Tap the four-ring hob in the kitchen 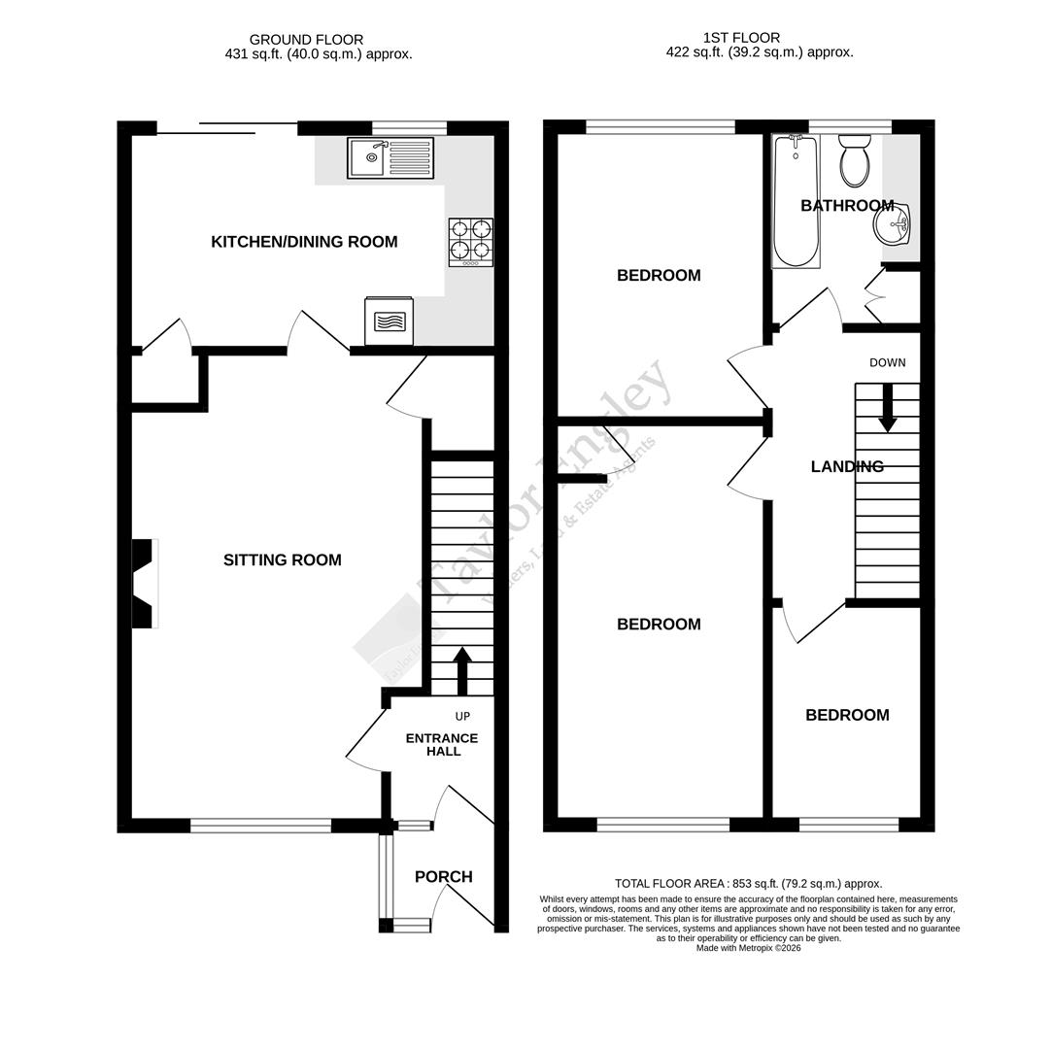[x=470, y=242]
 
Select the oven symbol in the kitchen [x=390, y=321]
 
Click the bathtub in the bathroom [x=796, y=201]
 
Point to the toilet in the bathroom [x=855, y=161]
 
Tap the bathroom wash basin [x=892, y=225]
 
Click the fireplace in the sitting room [x=143, y=583]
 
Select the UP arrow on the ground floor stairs [x=462, y=669]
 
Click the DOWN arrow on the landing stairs [x=887, y=407]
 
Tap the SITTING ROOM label [x=282, y=560]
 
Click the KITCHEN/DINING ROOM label [x=304, y=242]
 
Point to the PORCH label [x=443, y=877]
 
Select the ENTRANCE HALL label [x=442, y=745]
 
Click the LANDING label [x=847, y=467]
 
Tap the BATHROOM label [x=847, y=206]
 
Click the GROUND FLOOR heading [x=306, y=40]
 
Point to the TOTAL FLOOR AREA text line [x=748, y=884]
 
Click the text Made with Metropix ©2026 [x=748, y=948]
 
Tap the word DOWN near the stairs [x=887, y=363]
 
